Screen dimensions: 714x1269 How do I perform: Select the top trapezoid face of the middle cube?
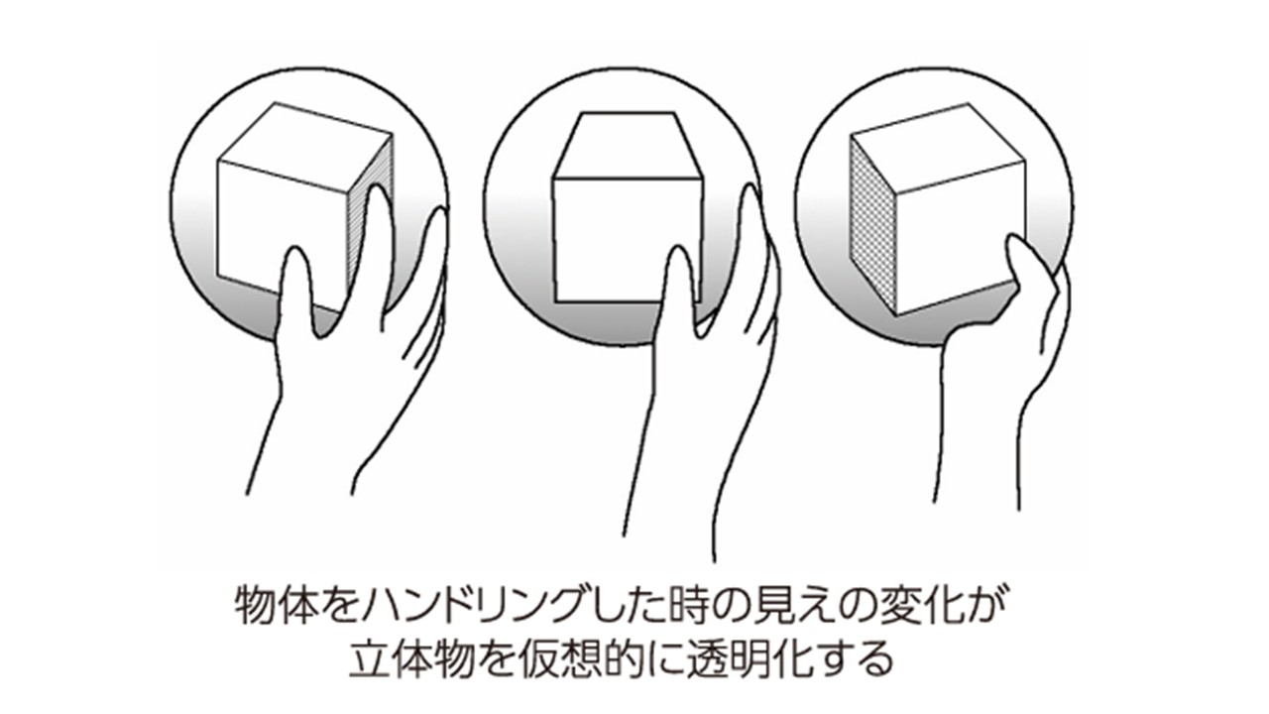click(x=628, y=146)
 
